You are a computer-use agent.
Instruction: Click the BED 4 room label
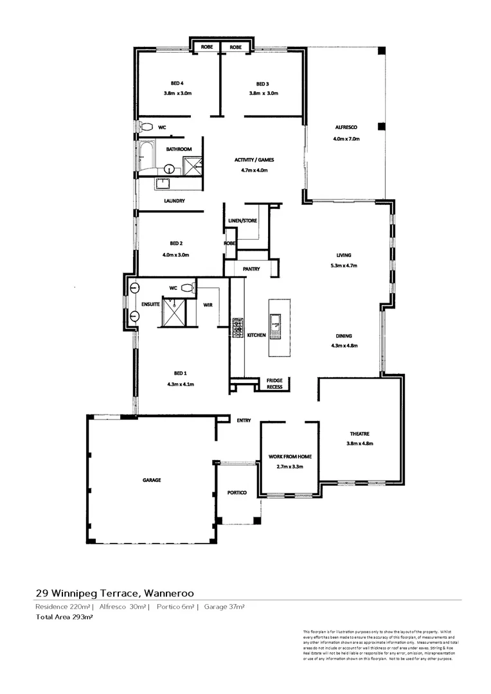(177, 84)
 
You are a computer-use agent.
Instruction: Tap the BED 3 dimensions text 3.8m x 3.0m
(263, 93)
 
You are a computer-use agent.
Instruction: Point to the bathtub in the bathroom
(145, 157)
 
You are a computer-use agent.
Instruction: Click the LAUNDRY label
(174, 201)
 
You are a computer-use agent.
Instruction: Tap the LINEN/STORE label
(242, 221)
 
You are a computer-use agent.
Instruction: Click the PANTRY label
(251, 269)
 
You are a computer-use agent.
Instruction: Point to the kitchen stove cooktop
(237, 327)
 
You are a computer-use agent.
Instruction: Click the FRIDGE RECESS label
(274, 384)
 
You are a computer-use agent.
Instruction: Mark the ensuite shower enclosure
(174, 312)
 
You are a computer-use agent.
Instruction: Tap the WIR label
(208, 305)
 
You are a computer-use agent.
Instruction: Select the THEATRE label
(359, 434)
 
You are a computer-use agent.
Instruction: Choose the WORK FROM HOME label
(290, 457)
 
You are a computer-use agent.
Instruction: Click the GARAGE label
(152, 480)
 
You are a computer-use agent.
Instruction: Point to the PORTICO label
(237, 493)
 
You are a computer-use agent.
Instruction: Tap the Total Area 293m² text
(65, 617)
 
